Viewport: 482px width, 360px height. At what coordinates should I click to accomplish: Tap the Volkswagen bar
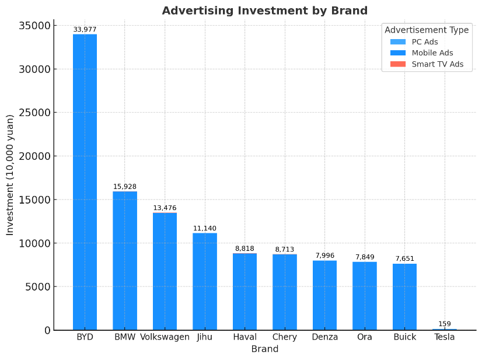coord(165,271)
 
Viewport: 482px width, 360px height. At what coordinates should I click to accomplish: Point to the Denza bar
coord(324,295)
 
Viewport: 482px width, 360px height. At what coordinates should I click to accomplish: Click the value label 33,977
coord(85,30)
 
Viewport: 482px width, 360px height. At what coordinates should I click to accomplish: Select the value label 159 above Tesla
coord(445,324)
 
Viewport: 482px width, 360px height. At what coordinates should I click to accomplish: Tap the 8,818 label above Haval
coord(245,249)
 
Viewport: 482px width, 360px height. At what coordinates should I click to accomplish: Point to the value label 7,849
coord(365,257)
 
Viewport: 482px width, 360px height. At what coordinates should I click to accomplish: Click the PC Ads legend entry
coord(424,42)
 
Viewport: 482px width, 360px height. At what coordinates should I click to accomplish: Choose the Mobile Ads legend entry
coord(432,53)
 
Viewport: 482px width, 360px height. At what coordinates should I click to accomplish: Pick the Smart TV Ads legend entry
coord(437,64)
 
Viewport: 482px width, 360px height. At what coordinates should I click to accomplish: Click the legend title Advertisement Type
coord(427,30)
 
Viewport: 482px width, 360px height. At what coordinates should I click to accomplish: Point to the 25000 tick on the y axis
coord(34,113)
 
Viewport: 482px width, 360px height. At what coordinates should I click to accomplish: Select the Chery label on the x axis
coord(285,337)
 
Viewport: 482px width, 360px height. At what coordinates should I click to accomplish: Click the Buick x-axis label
coord(405,337)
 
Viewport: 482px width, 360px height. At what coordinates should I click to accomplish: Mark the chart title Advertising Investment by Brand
coord(265,11)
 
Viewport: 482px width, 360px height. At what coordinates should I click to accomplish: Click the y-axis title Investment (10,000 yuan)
coord(10,175)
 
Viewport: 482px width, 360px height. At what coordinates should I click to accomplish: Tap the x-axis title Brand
coord(265,349)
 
